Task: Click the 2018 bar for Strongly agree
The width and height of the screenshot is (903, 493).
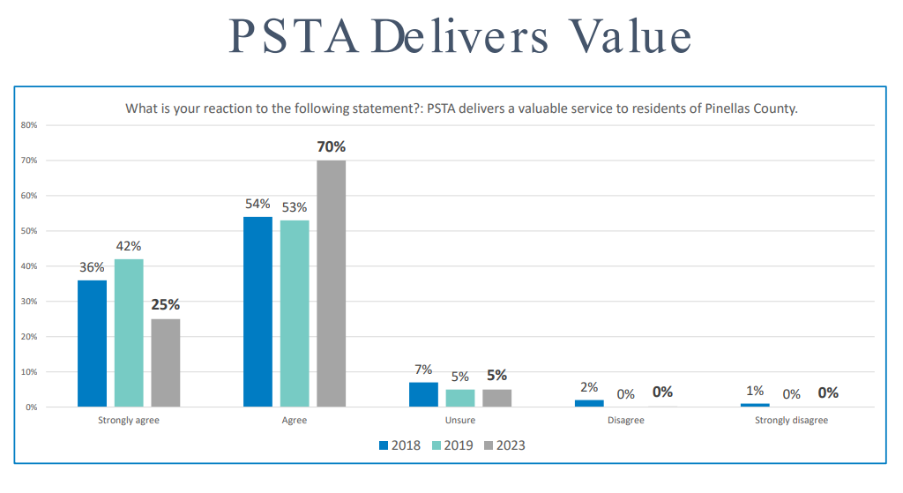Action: tap(92, 343)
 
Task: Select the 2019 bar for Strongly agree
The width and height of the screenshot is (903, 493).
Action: tap(129, 332)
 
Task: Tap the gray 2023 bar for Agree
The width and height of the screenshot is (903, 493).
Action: tap(332, 283)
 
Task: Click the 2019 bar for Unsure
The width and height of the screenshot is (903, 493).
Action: tap(460, 398)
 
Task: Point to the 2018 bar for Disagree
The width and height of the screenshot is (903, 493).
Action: tap(589, 403)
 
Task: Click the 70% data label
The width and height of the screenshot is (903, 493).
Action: tap(332, 146)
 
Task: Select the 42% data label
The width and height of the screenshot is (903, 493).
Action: tap(129, 246)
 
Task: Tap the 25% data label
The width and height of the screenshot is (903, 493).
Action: tap(166, 305)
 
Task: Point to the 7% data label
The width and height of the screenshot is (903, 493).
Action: tap(423, 369)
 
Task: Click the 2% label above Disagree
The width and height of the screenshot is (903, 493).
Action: tap(589, 386)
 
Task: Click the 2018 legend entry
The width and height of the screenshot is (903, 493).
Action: tap(399, 445)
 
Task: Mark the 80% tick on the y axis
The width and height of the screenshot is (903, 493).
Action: tap(29, 125)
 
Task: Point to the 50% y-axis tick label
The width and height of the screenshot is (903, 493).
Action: tap(29, 231)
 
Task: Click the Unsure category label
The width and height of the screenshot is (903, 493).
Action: tap(460, 421)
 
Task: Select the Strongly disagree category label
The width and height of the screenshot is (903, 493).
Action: tap(792, 421)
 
